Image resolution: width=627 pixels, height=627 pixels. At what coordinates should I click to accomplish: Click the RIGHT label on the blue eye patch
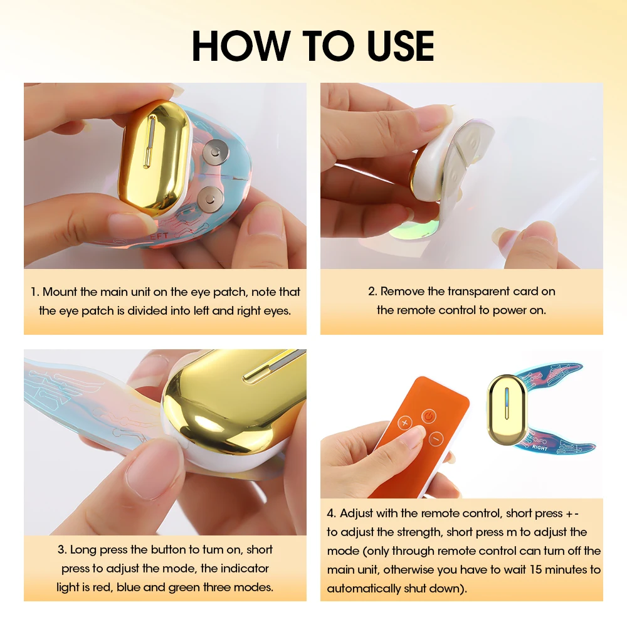(x=539, y=448)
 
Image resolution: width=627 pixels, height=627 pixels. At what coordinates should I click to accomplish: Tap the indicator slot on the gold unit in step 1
(x=149, y=144)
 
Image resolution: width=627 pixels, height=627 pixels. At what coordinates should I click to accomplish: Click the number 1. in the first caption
(x=35, y=292)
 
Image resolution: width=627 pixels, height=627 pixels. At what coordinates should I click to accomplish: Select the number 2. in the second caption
(x=372, y=292)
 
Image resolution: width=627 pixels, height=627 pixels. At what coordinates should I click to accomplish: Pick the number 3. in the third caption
(x=62, y=550)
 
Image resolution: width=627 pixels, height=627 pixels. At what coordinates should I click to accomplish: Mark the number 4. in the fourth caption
(x=332, y=514)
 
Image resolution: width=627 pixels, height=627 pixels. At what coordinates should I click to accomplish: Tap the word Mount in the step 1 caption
(x=60, y=292)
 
